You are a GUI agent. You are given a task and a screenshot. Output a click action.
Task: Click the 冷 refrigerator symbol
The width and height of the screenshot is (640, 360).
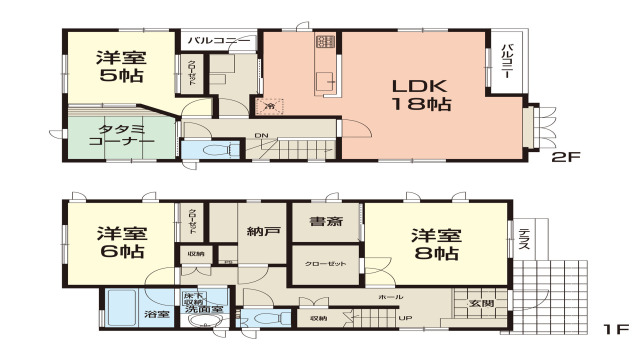(x=269, y=103)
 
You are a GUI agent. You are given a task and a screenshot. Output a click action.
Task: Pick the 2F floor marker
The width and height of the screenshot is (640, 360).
(x=565, y=157)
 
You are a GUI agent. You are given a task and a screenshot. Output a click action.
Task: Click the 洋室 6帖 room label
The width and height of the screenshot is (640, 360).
(x=120, y=243)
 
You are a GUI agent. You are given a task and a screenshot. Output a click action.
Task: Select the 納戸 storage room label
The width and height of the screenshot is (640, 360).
(x=264, y=233)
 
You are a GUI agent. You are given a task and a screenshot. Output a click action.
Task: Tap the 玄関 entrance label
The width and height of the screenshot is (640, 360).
(x=481, y=303)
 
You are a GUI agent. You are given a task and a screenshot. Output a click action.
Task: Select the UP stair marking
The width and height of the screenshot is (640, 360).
(x=404, y=318)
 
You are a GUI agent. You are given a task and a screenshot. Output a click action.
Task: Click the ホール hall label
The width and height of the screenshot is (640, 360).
(x=391, y=298)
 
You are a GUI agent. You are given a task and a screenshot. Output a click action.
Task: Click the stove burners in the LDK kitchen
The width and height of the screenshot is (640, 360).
(x=326, y=42)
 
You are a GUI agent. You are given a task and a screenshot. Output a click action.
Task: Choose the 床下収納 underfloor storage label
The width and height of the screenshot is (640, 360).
(x=193, y=298)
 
